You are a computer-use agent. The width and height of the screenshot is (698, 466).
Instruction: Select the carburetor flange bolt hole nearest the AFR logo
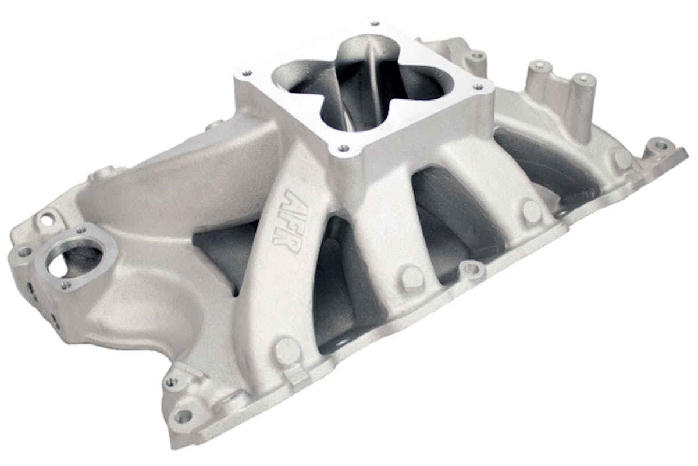343,148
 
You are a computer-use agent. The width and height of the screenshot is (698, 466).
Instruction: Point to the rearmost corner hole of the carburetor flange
373,24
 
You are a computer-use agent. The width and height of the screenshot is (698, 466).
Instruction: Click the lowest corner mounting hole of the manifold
183,416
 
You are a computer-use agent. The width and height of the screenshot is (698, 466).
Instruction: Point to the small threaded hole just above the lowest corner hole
170,382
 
